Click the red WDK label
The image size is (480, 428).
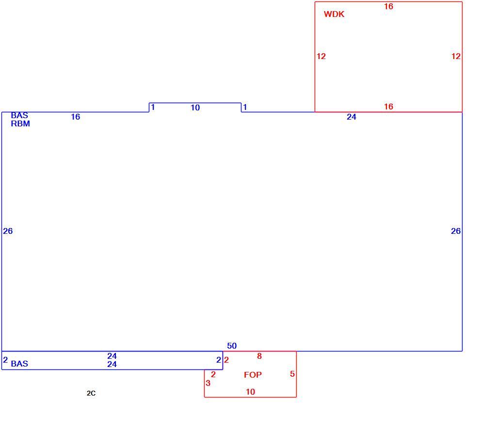[334, 15]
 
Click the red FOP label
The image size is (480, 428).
[253, 375]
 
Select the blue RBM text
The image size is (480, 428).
[20, 124]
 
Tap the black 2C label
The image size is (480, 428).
[91, 393]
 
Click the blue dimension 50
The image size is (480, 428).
[232, 346]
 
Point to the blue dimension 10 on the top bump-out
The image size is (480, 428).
[195, 107]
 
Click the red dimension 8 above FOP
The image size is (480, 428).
[259, 356]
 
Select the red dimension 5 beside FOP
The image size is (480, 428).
[292, 374]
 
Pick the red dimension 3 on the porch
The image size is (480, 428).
[208, 383]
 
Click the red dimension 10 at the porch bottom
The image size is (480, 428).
[250, 392]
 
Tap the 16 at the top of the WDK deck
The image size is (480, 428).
[389, 6]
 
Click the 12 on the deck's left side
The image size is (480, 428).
[321, 56]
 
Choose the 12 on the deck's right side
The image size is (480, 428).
[456, 56]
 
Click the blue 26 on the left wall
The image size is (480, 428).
[8, 231]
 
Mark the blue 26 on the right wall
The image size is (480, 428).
[456, 231]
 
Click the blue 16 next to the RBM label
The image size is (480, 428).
[76, 117]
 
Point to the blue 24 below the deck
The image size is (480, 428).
[352, 117]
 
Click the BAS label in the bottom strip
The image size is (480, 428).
[19, 364]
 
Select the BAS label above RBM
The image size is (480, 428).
[19, 116]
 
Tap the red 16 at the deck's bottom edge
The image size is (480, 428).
[389, 107]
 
